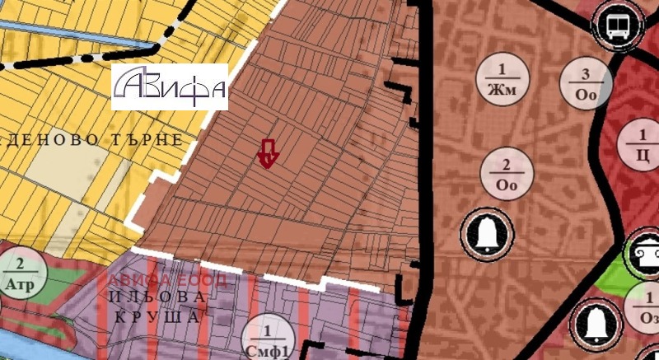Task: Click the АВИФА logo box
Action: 170,86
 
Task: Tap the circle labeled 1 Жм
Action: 502,78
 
